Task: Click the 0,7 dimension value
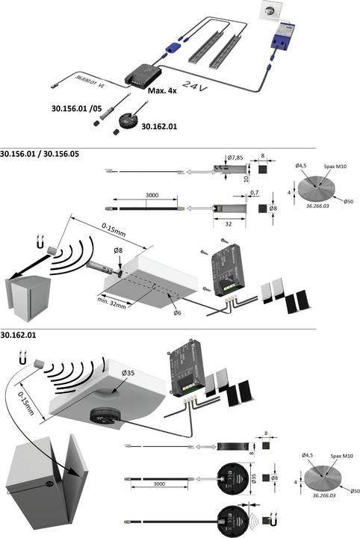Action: pos(254,192)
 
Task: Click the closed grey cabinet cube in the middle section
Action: pos(26,295)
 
